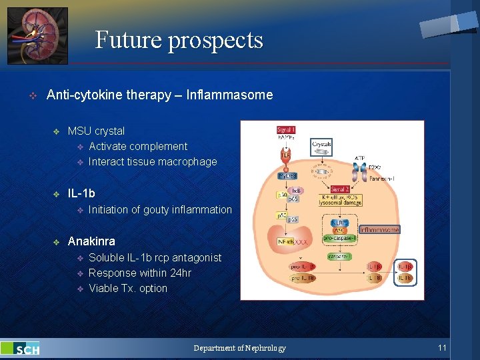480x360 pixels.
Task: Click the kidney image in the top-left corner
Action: click(x=37, y=35)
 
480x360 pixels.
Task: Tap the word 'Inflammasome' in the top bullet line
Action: click(x=230, y=95)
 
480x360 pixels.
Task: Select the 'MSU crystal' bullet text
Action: click(x=96, y=131)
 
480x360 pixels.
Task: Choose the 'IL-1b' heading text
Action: click(x=81, y=193)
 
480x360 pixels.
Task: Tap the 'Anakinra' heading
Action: click(x=91, y=241)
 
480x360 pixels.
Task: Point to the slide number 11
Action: click(x=442, y=348)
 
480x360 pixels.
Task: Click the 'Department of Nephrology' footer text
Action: click(x=239, y=348)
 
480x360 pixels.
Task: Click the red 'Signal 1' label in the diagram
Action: click(x=286, y=130)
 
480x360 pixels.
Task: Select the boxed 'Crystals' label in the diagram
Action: click(x=321, y=145)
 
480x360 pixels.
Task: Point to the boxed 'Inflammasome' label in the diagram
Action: click(x=379, y=229)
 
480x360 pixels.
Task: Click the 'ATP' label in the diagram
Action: click(x=360, y=158)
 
